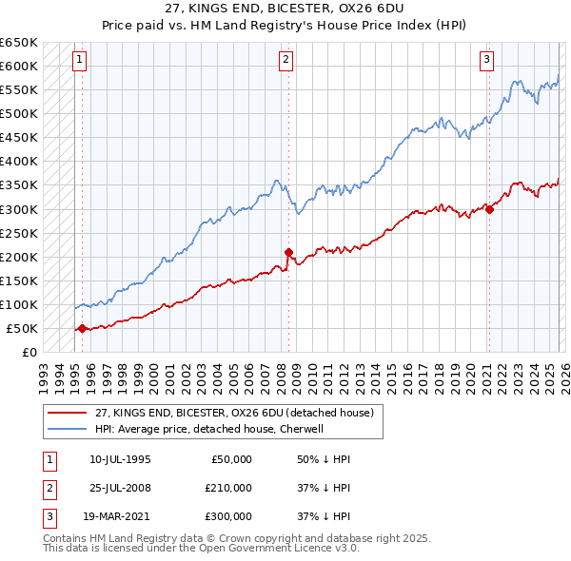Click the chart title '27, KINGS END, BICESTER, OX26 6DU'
pos(285,10)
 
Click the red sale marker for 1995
pos(82,328)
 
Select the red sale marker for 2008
pos(287,252)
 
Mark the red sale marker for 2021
pos(488,209)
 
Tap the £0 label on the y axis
pos(30,352)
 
